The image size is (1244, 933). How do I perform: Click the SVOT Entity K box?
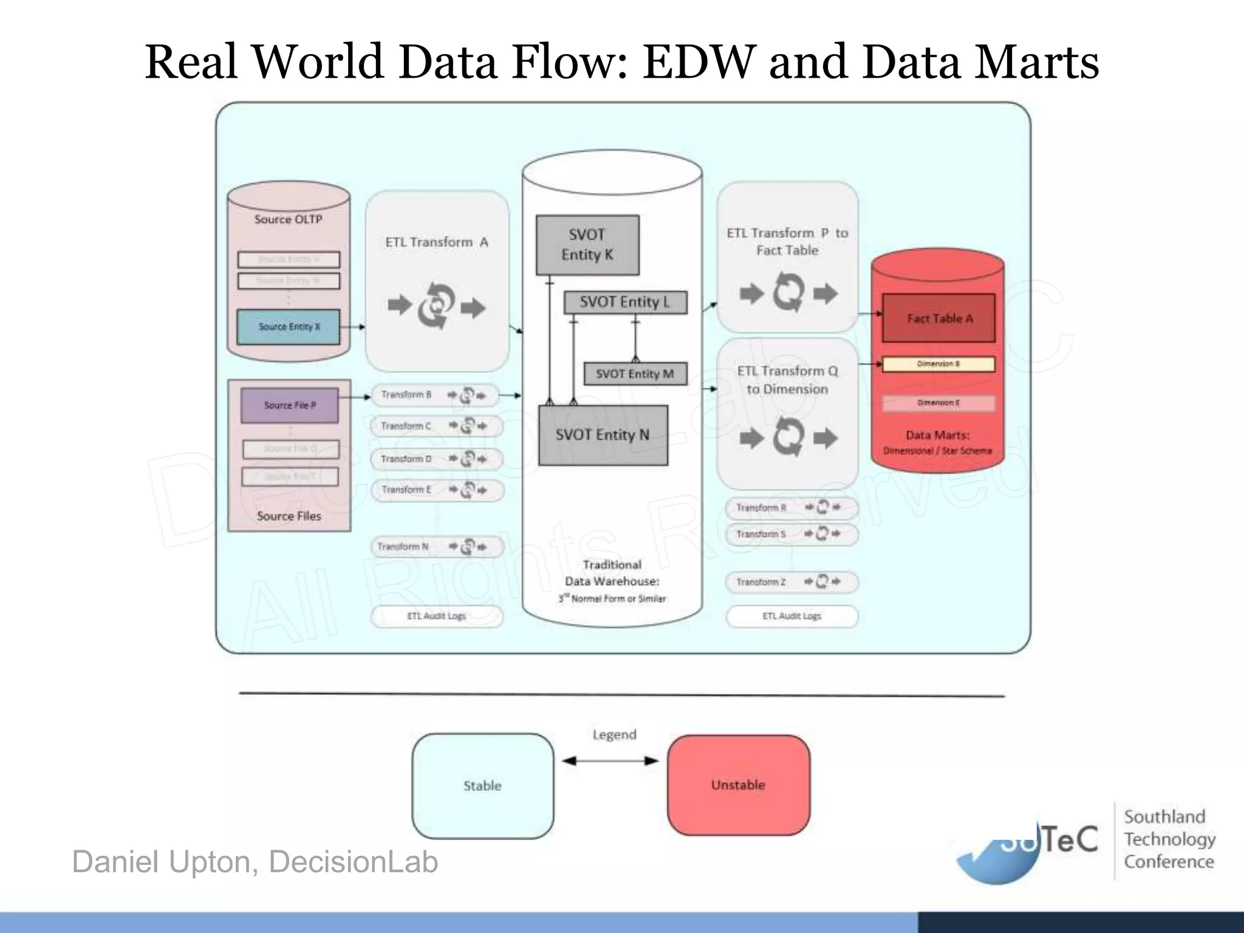click(x=587, y=245)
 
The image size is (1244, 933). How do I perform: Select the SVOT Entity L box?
click(x=625, y=302)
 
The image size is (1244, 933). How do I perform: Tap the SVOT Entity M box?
click(x=635, y=374)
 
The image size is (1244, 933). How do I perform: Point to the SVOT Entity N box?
click(x=603, y=435)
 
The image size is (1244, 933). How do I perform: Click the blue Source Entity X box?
click(x=289, y=327)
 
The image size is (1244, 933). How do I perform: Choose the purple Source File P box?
click(x=290, y=405)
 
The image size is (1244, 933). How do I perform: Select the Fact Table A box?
click(x=938, y=318)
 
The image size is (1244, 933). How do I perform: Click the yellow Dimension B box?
click(x=938, y=364)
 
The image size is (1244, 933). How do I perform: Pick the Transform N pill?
click(x=436, y=547)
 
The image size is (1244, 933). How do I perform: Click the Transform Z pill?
click(x=791, y=582)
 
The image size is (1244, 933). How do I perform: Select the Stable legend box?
click(x=483, y=786)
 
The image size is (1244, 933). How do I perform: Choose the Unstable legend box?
click(x=738, y=785)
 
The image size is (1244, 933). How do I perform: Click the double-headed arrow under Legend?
click(x=610, y=760)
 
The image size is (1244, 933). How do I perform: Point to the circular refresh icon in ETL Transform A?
click(x=436, y=306)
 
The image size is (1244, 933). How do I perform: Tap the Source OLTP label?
click(x=288, y=219)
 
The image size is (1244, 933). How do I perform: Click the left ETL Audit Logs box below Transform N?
click(x=437, y=616)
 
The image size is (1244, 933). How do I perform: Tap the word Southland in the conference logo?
click(x=1164, y=817)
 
